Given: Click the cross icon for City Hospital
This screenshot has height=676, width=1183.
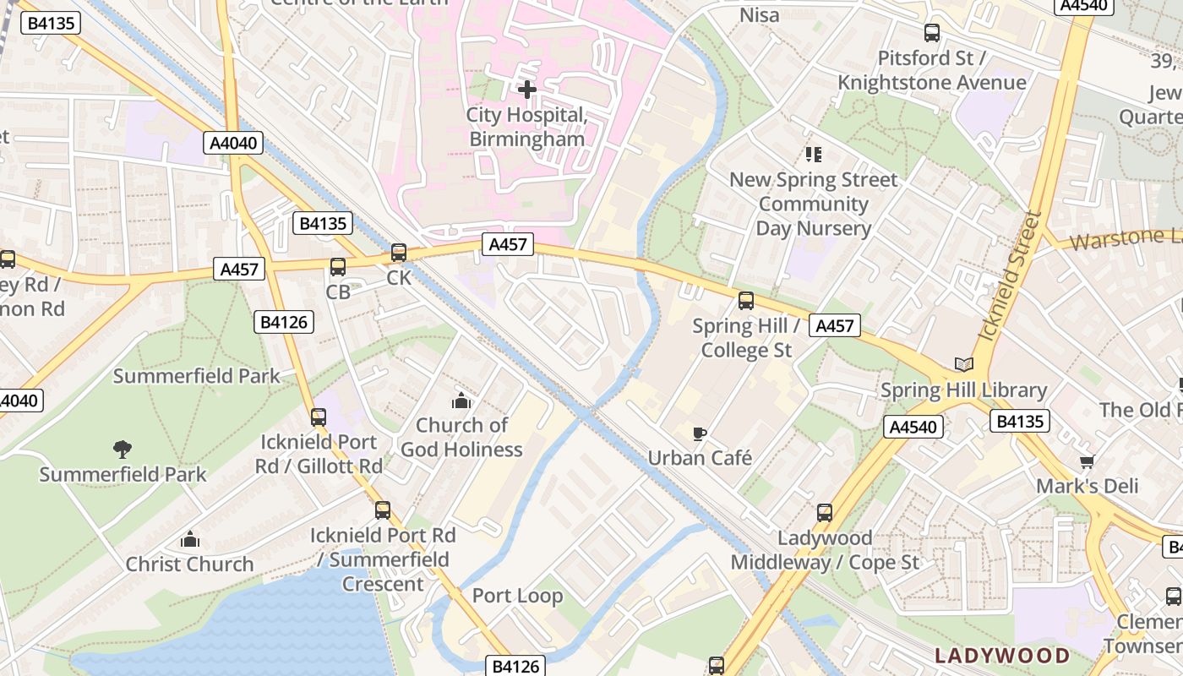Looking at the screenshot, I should pyautogui.click(x=527, y=89).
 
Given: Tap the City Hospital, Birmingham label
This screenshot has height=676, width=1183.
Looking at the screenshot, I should pyautogui.click(x=526, y=127).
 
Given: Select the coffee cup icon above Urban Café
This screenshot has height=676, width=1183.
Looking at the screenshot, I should pyautogui.click(x=699, y=433).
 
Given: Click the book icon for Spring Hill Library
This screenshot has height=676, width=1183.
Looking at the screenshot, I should pyautogui.click(x=963, y=365).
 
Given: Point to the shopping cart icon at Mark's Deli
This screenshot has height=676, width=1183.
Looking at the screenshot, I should pyautogui.click(x=1087, y=461).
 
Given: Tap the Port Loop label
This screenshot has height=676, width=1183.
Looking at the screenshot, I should pyautogui.click(x=517, y=596).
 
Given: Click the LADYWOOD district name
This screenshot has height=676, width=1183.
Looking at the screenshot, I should pyautogui.click(x=1002, y=656).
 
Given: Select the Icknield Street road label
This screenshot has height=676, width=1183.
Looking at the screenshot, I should pyautogui.click(x=1007, y=277).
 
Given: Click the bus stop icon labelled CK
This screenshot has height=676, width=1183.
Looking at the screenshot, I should pyautogui.click(x=399, y=252).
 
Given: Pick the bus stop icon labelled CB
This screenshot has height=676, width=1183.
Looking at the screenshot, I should pyautogui.click(x=338, y=267).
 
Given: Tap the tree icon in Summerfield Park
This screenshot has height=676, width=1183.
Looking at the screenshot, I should pyautogui.click(x=123, y=449).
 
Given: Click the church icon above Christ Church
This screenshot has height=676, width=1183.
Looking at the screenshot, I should pyautogui.click(x=190, y=539).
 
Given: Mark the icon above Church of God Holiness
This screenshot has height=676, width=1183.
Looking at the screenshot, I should pyautogui.click(x=461, y=400).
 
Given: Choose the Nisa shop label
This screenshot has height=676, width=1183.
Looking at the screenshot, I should pyautogui.click(x=759, y=15).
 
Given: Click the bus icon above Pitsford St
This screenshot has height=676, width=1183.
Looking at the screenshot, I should pyautogui.click(x=932, y=33).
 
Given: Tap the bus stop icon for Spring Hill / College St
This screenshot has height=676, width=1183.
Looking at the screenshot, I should pyautogui.click(x=745, y=300).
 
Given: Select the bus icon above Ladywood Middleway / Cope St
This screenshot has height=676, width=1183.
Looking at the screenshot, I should pyautogui.click(x=824, y=512).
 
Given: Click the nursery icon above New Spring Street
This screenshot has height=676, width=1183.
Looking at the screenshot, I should pyautogui.click(x=813, y=154).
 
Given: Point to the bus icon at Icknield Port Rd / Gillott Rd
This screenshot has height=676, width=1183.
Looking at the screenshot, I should pyautogui.click(x=319, y=417).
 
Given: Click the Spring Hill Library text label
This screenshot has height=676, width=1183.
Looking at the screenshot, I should pyautogui.click(x=963, y=390).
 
